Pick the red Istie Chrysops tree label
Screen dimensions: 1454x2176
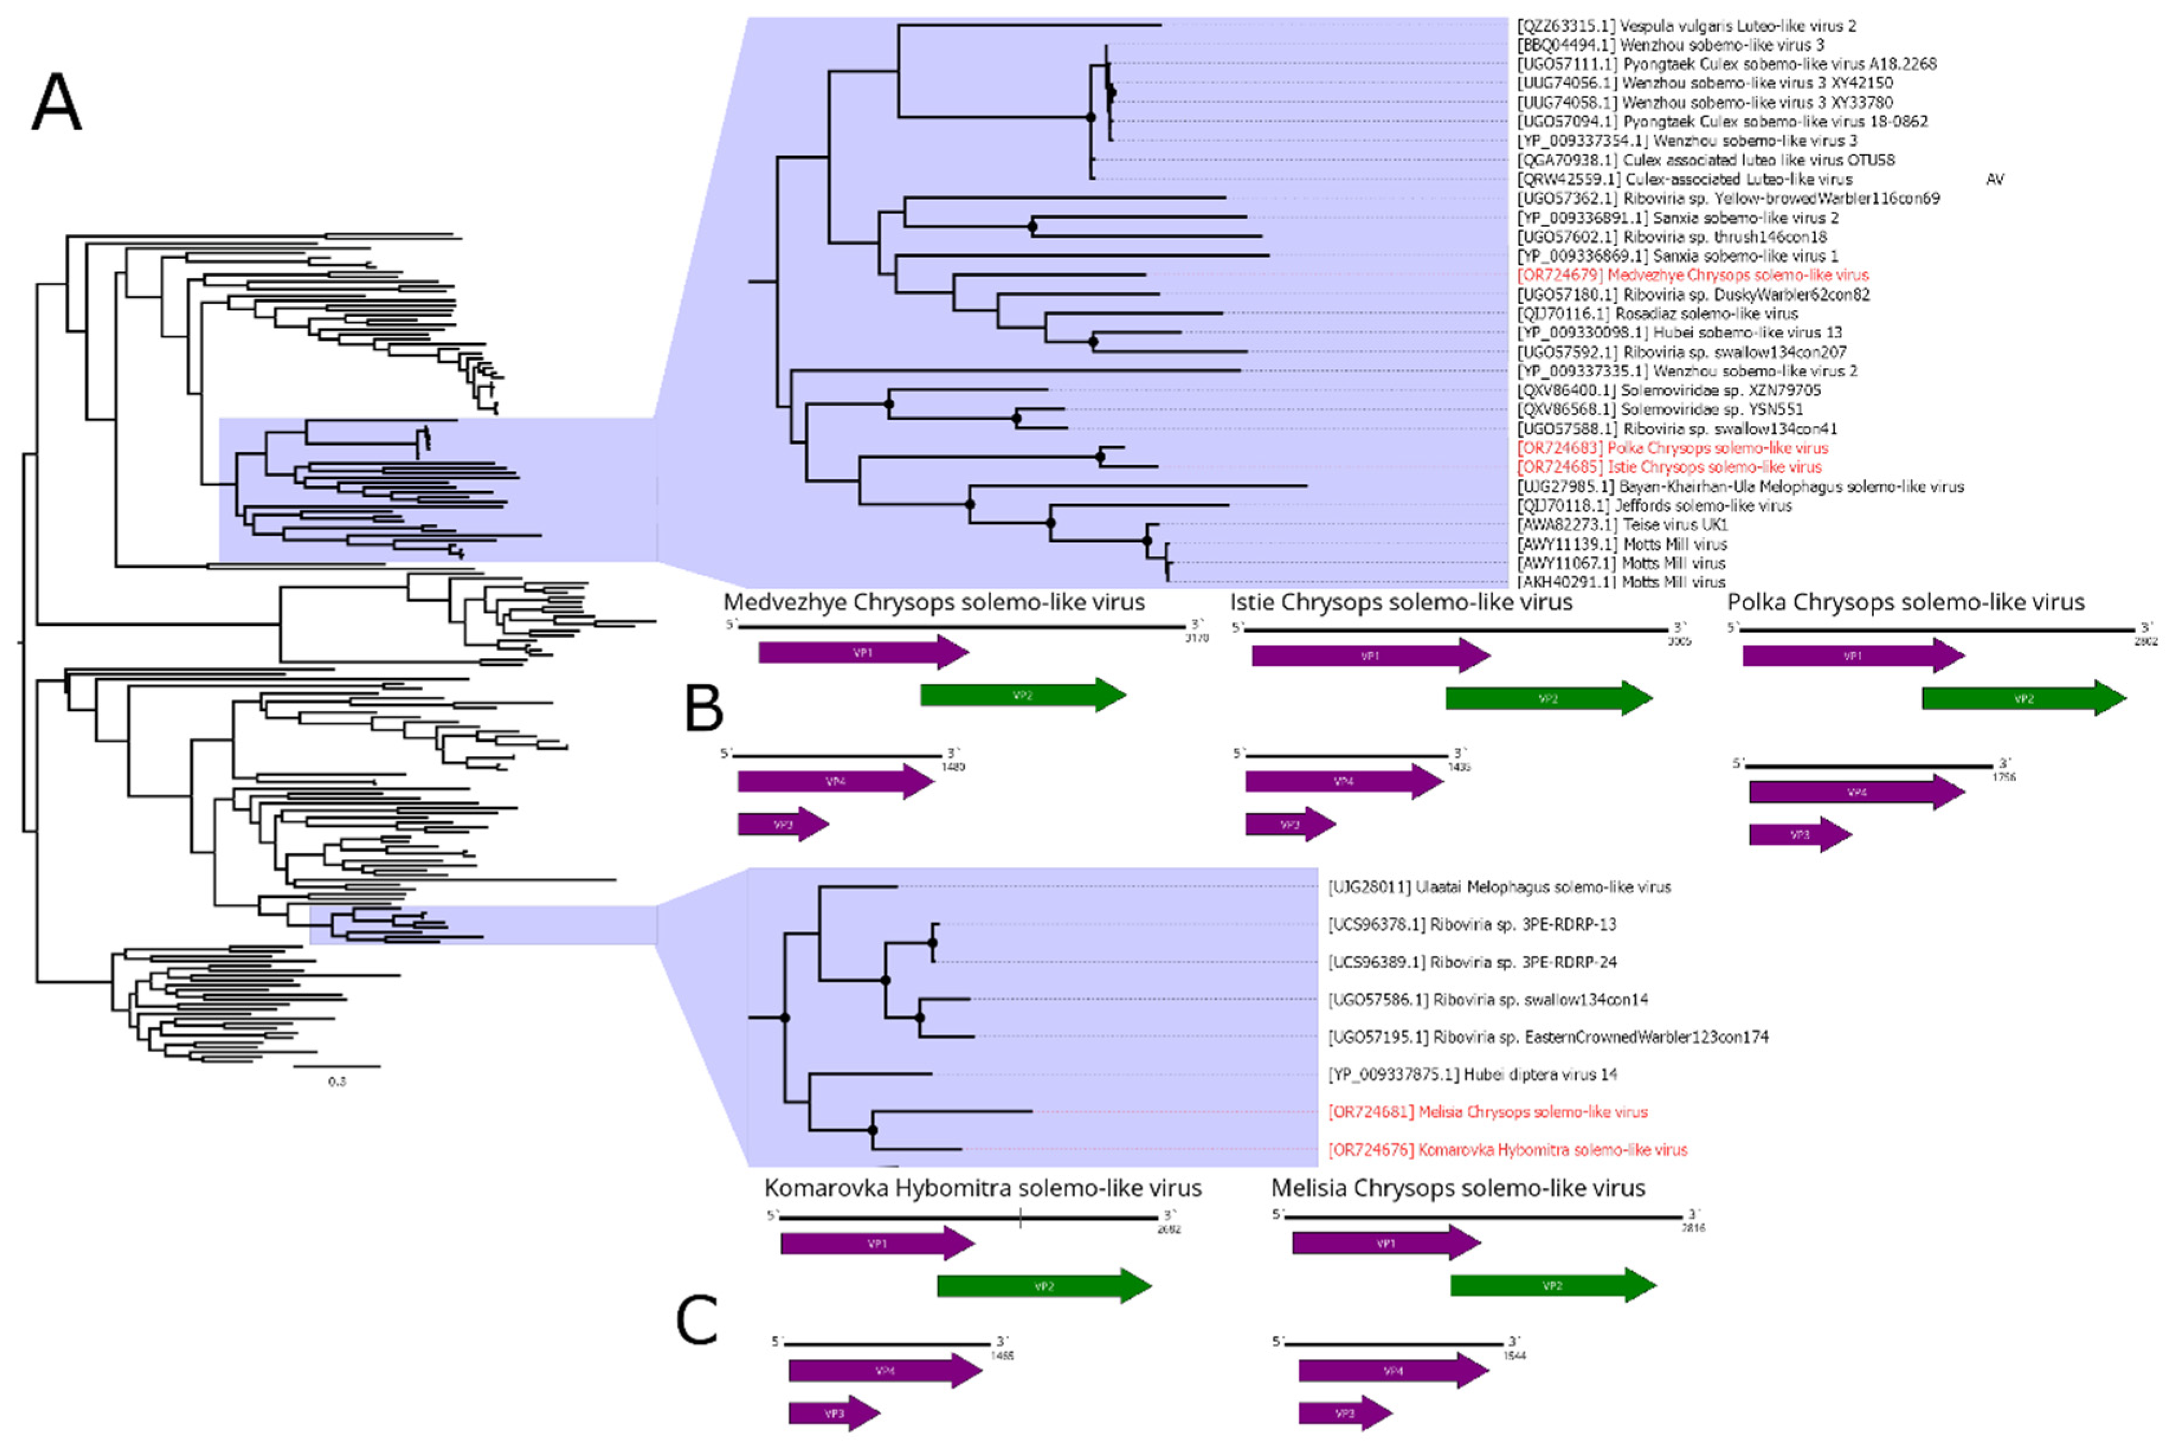coord(1669,467)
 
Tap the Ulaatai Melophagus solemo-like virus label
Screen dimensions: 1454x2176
coord(1499,887)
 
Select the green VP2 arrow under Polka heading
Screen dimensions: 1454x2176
coord(2023,698)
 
